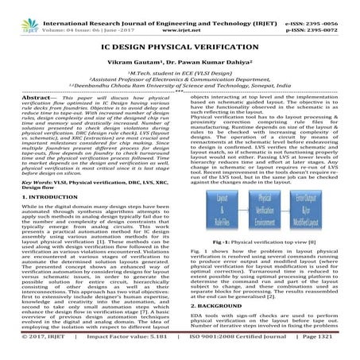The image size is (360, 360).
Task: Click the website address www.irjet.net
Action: tap(179, 15)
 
